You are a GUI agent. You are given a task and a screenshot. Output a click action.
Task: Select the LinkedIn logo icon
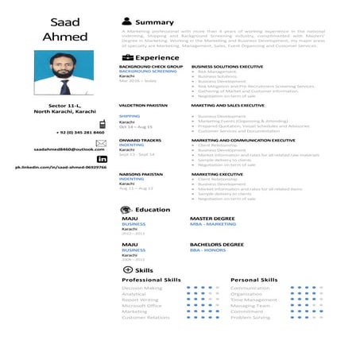pyautogui.click(x=102, y=160)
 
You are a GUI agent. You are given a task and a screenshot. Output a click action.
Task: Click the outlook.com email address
pyautogui.click(x=69, y=149)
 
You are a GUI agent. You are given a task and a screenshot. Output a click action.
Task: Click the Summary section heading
pyautogui.click(x=154, y=21)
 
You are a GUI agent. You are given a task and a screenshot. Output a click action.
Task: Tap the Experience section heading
pyautogui.click(x=157, y=58)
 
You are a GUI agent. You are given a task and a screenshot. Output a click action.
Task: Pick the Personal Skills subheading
pyautogui.click(x=254, y=280)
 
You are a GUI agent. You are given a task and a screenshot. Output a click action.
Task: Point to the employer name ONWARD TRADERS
pyautogui.click(x=139, y=139)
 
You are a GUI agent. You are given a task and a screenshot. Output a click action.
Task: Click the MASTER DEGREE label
pyautogui.click(x=212, y=218)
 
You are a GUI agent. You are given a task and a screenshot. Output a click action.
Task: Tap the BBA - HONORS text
pyautogui.click(x=207, y=250)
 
